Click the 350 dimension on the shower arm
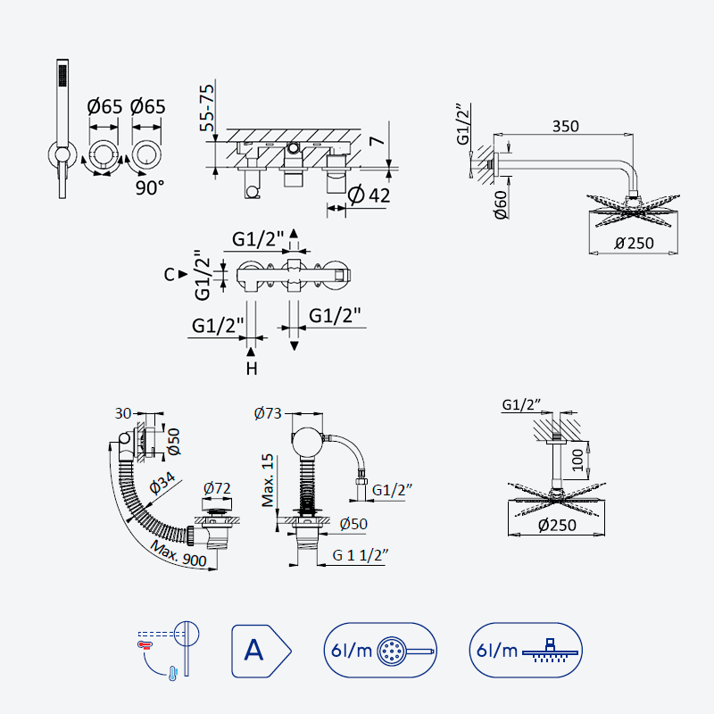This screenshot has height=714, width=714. point(566,126)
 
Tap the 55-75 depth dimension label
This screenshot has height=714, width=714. point(207,108)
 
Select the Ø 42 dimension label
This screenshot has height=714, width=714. point(369,195)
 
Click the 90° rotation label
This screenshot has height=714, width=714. point(150,187)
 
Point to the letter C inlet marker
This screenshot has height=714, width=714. point(170,275)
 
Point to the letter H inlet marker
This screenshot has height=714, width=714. point(252,369)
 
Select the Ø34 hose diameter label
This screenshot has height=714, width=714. point(162,483)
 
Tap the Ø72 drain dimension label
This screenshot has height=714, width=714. point(217,488)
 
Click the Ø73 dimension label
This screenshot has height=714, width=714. point(268,413)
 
